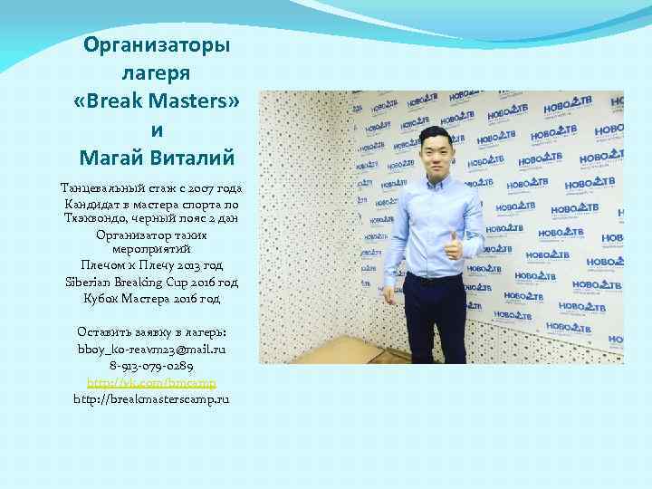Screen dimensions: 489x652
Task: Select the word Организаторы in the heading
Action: coord(156,44)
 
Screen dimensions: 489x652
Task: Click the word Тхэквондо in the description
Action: coord(100,218)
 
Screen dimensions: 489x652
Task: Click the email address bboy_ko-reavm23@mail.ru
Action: coord(151,348)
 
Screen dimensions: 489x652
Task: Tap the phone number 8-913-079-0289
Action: coord(151,365)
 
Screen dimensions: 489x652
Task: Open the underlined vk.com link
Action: coord(151,381)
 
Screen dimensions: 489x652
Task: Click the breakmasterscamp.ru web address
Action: coord(151,398)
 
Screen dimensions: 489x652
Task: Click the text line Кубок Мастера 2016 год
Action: coord(151,297)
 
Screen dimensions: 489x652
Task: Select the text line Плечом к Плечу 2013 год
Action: coord(151,265)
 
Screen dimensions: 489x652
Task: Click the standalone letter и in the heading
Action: coord(156,130)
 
